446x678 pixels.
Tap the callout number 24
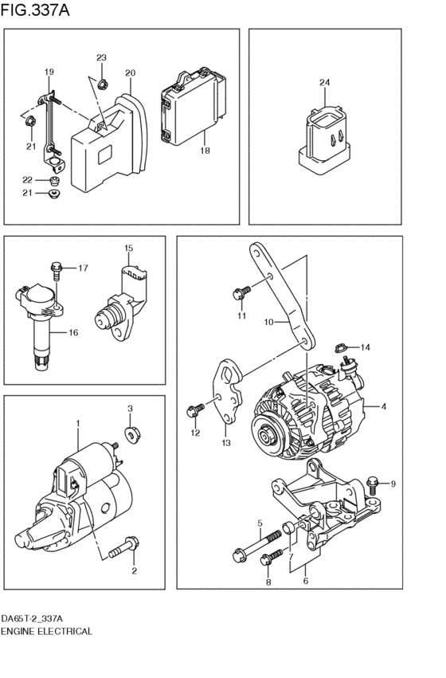click(325, 83)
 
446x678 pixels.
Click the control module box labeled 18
click(192, 112)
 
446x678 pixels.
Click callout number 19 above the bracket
click(49, 73)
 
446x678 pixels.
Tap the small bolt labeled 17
click(55, 268)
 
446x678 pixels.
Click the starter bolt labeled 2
click(120, 549)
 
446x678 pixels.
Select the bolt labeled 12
click(191, 410)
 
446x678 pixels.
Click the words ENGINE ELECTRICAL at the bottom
click(47, 631)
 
